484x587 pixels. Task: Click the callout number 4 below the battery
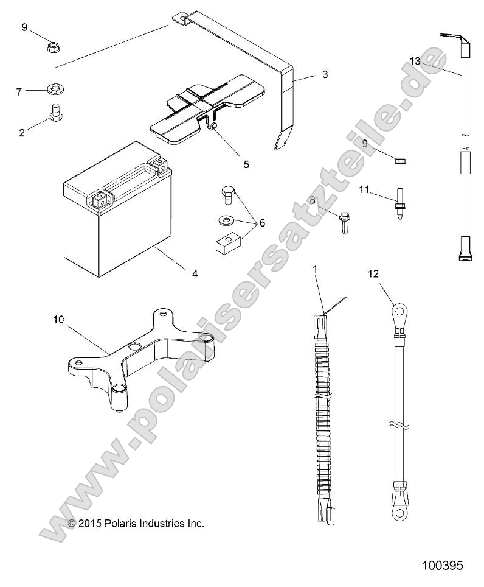195,274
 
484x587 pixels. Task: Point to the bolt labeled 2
54,112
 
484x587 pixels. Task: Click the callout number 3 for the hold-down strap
325,74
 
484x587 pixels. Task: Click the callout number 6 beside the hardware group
262,223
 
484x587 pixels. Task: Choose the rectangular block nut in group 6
229,244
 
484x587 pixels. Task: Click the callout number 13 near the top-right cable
415,62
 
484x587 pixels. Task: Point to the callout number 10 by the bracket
58,319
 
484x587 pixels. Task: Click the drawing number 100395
442,566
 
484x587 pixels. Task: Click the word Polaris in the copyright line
120,523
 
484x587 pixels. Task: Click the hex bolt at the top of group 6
226,195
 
